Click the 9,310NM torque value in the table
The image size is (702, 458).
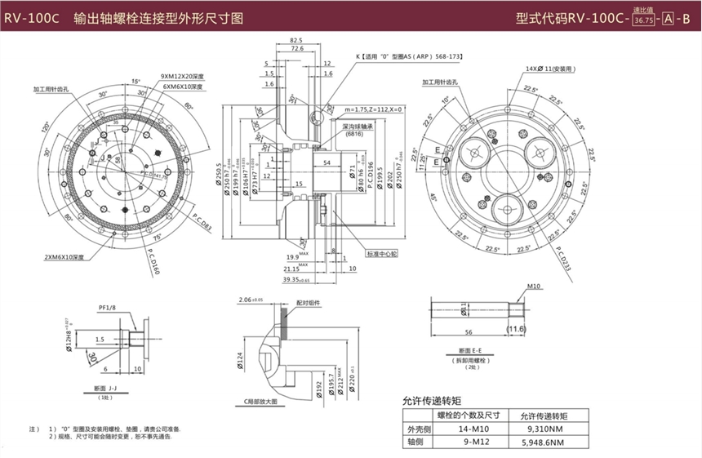click(542, 428)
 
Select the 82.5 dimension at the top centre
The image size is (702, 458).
click(295, 40)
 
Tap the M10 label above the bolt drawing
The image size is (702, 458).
click(535, 287)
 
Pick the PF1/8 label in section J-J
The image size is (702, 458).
click(108, 309)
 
